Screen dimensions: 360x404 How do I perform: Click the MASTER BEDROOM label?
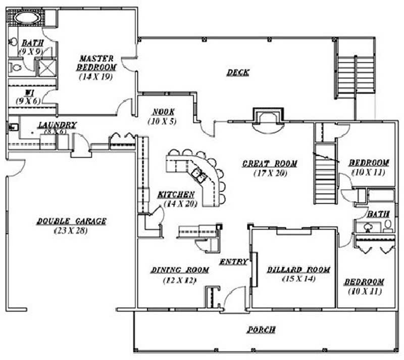pyautogui.click(x=96, y=63)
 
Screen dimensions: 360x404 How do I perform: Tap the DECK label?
pyautogui.click(x=237, y=72)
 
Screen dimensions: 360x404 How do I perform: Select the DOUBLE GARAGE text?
pyautogui.click(x=71, y=221)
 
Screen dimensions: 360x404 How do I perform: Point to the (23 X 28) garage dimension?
pyautogui.click(x=71, y=231)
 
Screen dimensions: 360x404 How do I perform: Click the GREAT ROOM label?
pyautogui.click(x=270, y=163)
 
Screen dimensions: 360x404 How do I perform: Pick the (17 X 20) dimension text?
pyautogui.click(x=270, y=173)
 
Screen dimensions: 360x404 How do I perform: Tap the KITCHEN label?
pyautogui.click(x=175, y=194)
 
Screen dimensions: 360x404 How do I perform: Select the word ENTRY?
pyautogui.click(x=233, y=261)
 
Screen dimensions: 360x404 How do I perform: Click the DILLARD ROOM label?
pyautogui.click(x=298, y=269)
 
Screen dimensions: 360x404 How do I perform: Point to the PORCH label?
pyautogui.click(x=261, y=330)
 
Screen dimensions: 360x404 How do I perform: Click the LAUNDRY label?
pyautogui.click(x=57, y=125)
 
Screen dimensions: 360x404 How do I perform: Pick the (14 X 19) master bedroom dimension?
pyautogui.click(x=96, y=77)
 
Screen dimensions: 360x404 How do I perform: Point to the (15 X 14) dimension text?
pyautogui.click(x=298, y=279)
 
